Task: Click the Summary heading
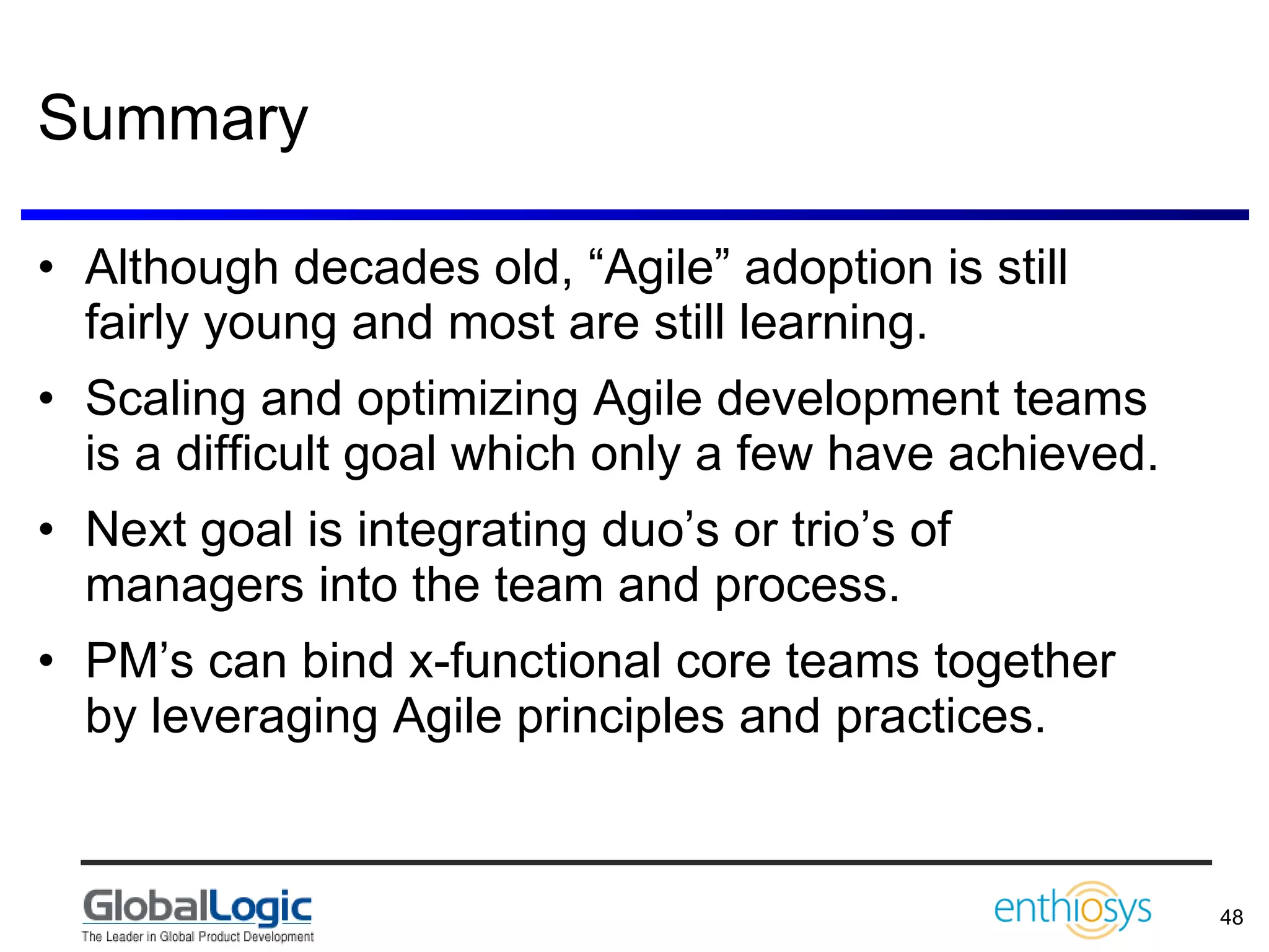tap(173, 119)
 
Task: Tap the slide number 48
tap(1231, 917)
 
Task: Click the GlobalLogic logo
tap(198, 907)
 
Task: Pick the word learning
tap(833, 324)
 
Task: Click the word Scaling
tap(165, 399)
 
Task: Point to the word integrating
tap(472, 531)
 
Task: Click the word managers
tap(195, 585)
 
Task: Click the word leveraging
tap(264, 716)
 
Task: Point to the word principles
tap(620, 716)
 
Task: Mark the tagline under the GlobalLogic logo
tap(198, 937)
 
